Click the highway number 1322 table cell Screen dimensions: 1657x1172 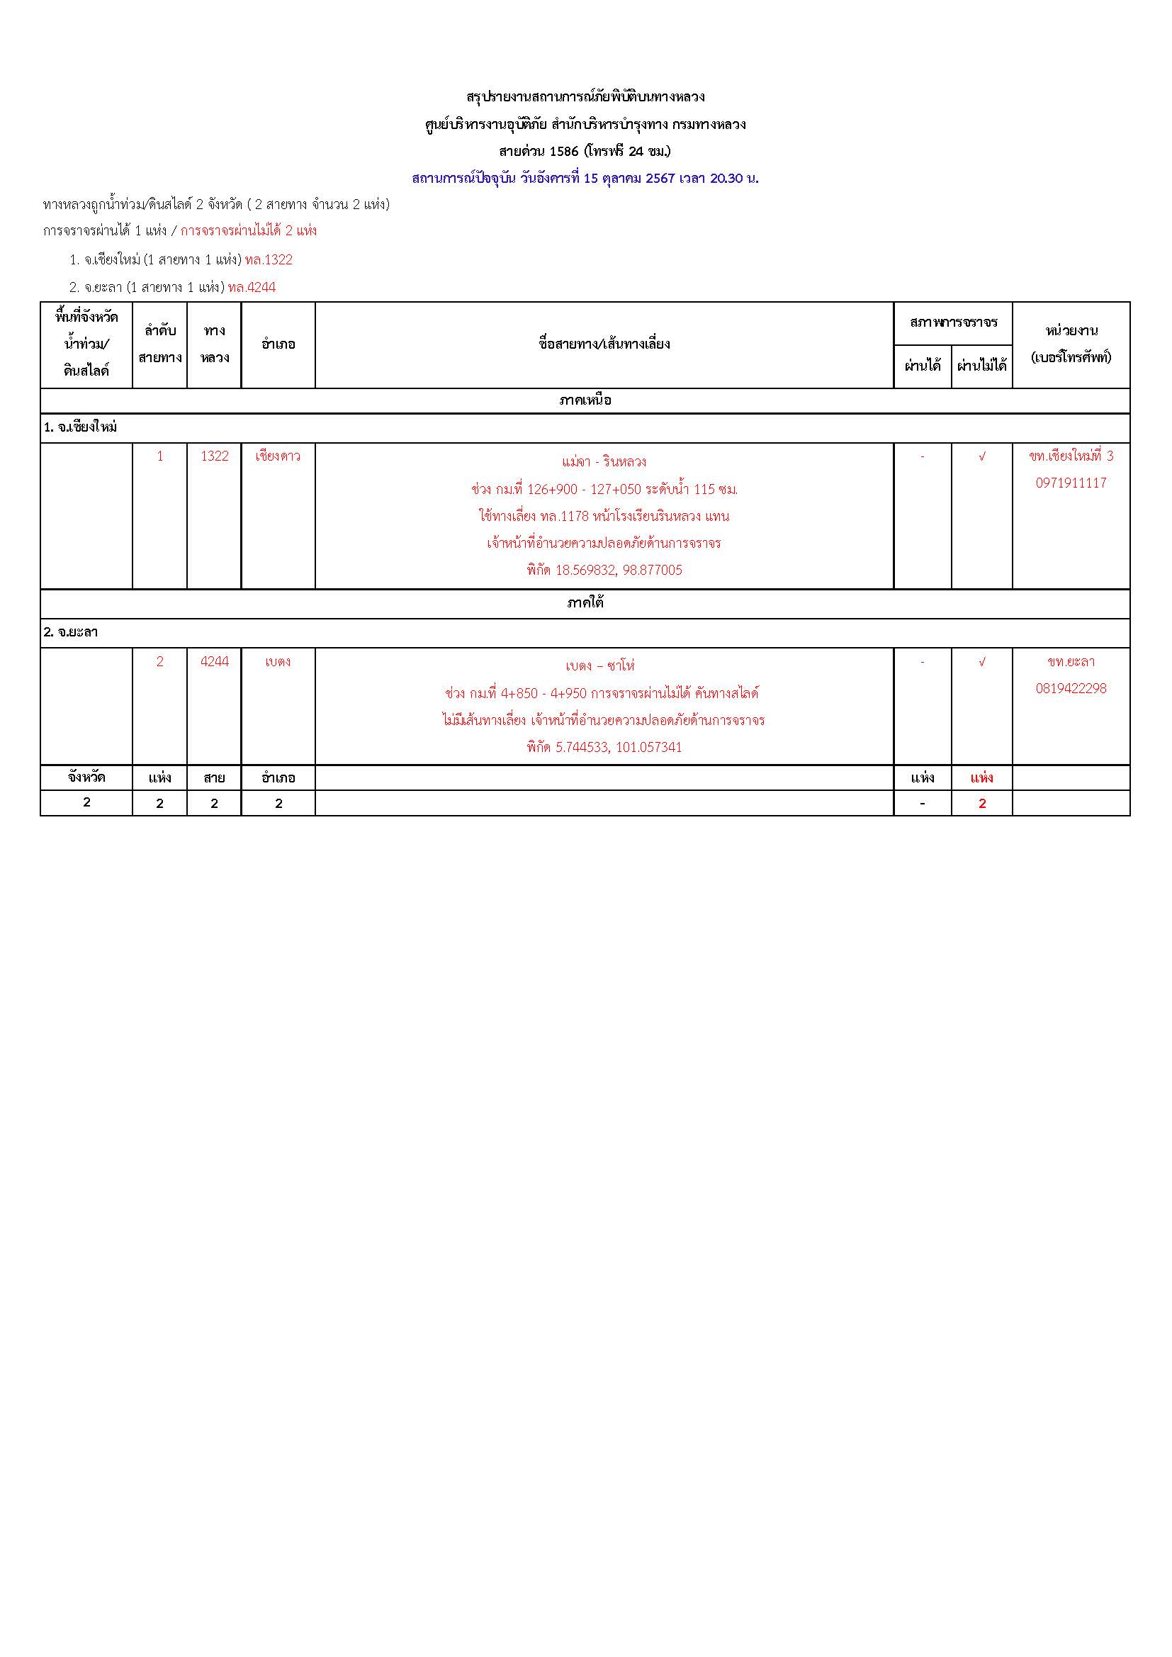[214, 456]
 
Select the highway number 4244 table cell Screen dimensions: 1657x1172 [214, 661]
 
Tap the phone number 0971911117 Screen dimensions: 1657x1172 [1070, 483]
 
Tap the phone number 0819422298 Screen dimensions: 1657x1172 [1070, 688]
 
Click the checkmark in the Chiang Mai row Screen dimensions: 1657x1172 [981, 457]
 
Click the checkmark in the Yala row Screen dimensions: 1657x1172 [981, 662]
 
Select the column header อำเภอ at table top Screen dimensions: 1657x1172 [278, 344]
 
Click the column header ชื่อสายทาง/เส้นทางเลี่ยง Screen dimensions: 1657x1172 [604, 344]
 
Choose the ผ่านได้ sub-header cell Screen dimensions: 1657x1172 [923, 366]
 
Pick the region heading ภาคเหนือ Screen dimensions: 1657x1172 [585, 400]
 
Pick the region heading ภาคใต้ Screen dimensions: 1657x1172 [585, 603]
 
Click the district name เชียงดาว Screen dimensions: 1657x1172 [278, 456]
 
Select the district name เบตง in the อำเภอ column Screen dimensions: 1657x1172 [278, 661]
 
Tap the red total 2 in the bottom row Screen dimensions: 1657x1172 [981, 803]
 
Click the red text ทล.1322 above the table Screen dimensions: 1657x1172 [269, 260]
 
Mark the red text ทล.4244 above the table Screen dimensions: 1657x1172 [252, 287]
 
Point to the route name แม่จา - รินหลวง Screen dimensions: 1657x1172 [603, 462]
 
